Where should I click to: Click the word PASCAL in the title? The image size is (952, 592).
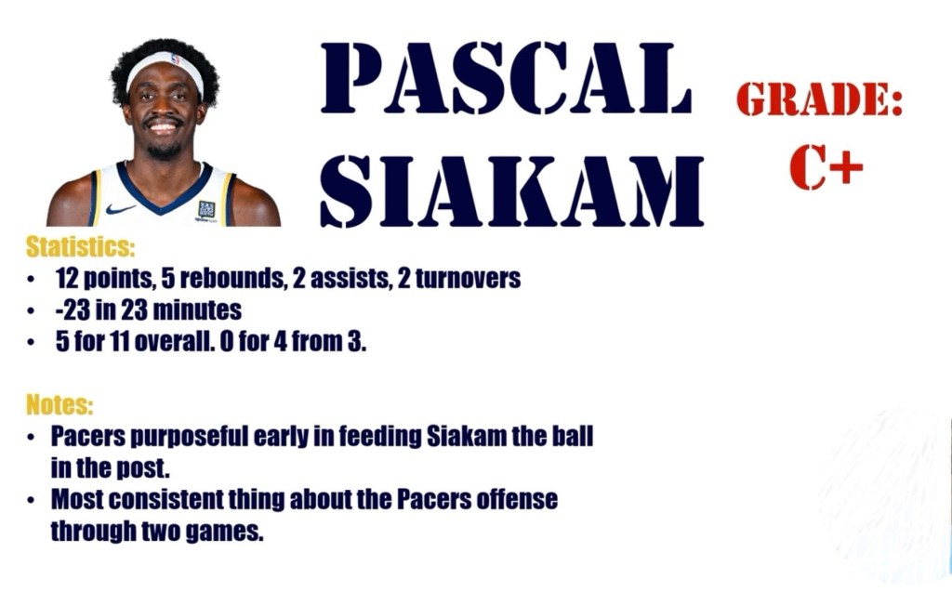(507, 78)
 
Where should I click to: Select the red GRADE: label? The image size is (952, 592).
(820, 99)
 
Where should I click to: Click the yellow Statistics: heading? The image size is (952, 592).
(80, 246)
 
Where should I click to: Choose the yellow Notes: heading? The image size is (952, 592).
(59, 404)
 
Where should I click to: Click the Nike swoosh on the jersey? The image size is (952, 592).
(120, 209)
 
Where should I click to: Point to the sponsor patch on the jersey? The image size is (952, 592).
(206, 210)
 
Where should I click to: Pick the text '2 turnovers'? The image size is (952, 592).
(458, 278)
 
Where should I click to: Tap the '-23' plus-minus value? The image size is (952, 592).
(73, 310)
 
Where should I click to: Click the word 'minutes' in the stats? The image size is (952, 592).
(197, 310)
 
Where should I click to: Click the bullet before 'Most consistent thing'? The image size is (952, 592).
(31, 501)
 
